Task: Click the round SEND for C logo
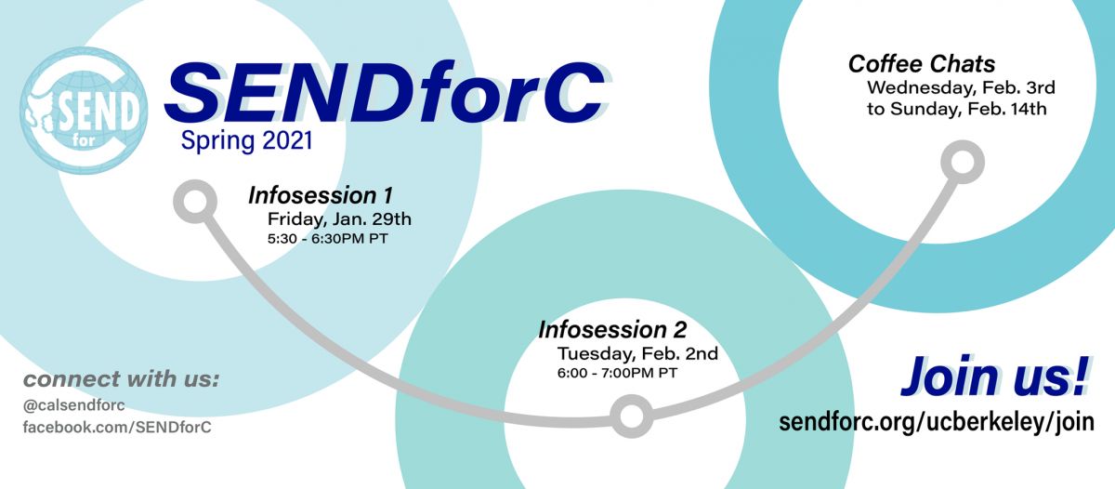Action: (84, 111)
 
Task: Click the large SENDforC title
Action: (386, 93)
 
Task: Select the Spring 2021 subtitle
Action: (247, 141)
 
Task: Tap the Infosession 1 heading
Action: (321, 195)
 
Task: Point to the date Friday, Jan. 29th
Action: (339, 219)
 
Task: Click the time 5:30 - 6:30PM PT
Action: (327, 239)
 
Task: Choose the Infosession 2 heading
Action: (612, 330)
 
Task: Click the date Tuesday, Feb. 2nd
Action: (637, 353)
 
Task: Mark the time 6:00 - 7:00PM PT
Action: (617, 373)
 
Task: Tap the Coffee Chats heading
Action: (922, 64)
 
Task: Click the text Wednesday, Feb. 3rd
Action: (961, 87)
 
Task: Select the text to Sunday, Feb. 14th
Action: (957, 109)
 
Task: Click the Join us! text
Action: (995, 377)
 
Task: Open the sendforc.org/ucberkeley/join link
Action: (937, 422)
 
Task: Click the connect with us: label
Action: (121, 379)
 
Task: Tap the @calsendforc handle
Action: (73, 405)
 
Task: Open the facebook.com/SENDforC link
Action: (117, 428)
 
